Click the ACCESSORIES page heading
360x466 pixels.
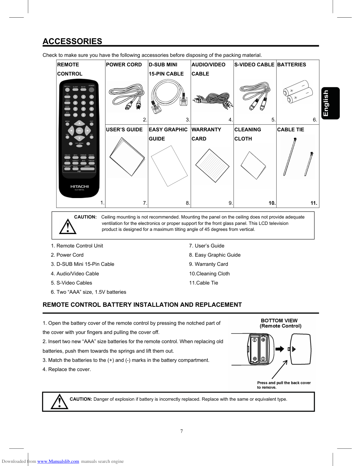click(x=72, y=41)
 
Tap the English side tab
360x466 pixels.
click(x=330, y=103)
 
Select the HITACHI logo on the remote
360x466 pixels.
click(x=79, y=186)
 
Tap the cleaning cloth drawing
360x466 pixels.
click(x=253, y=165)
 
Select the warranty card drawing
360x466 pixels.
click(x=212, y=165)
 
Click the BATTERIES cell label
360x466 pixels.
click(x=292, y=65)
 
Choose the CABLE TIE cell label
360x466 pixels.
click(x=290, y=130)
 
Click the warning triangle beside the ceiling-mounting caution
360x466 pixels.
click(x=68, y=227)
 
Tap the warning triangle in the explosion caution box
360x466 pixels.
click(x=59, y=402)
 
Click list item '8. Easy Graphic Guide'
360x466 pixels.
click(x=215, y=255)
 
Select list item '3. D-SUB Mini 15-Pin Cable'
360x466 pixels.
click(x=83, y=264)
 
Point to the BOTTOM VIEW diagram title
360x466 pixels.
click(x=279, y=321)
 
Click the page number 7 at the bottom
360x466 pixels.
click(x=181, y=431)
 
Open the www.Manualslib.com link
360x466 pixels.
click(x=58, y=461)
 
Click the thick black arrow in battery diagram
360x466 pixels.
click(x=280, y=349)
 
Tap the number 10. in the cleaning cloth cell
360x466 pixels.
click(x=272, y=203)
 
